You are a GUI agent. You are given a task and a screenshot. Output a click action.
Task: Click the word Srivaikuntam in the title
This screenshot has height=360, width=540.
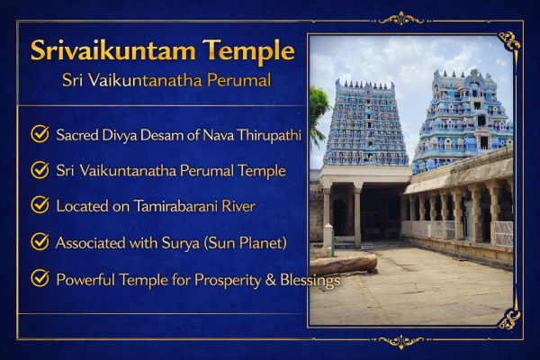(x=113, y=50)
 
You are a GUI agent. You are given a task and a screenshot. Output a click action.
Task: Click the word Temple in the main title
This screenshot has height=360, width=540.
(x=248, y=51)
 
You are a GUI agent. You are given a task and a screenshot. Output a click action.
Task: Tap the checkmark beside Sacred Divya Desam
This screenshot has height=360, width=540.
(x=40, y=134)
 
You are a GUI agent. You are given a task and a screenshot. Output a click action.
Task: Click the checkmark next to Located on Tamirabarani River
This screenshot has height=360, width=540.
(x=40, y=205)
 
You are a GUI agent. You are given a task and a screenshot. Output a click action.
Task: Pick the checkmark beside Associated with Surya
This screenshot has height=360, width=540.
(x=40, y=241)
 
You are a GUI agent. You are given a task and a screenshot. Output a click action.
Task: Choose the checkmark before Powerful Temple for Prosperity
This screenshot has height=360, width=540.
(x=40, y=278)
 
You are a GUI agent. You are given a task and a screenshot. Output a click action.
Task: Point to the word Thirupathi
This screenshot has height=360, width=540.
(x=269, y=135)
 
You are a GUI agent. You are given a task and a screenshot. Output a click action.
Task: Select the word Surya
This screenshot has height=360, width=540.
(x=181, y=244)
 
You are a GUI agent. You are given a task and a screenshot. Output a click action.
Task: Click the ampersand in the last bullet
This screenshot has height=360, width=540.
(x=271, y=280)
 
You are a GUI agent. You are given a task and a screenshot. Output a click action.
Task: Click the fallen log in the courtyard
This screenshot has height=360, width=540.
(x=343, y=265)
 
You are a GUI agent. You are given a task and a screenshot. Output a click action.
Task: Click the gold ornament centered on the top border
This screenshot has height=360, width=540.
(x=400, y=19)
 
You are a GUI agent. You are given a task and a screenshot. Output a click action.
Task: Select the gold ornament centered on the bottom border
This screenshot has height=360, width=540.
(x=400, y=341)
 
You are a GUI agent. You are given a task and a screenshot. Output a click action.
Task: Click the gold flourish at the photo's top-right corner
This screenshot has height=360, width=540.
(x=509, y=41)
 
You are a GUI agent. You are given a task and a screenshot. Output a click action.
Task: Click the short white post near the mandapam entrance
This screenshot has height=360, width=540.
(x=328, y=236)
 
